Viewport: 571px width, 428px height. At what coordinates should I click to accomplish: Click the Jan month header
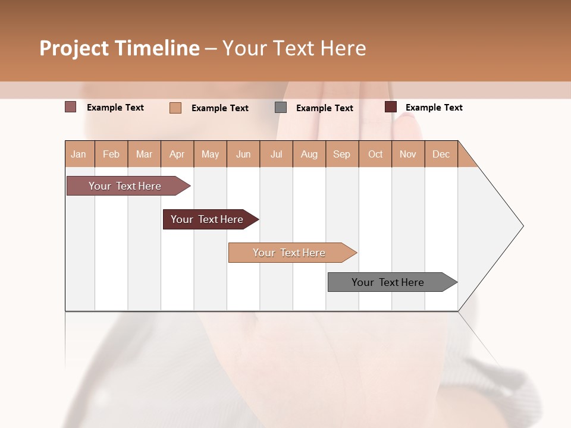(79, 154)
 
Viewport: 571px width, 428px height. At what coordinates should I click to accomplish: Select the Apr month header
(177, 154)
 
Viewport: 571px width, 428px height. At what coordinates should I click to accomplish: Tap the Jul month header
(276, 154)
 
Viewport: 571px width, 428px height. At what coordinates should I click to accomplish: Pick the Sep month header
(341, 154)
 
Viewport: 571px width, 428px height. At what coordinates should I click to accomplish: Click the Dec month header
(441, 154)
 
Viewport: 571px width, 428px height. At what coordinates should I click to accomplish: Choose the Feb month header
(111, 154)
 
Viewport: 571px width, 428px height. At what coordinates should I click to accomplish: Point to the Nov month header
(407, 154)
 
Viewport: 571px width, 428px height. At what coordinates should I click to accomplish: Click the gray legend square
(281, 108)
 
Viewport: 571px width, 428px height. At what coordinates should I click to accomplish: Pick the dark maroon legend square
(391, 107)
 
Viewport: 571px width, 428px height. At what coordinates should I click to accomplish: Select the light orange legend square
(175, 108)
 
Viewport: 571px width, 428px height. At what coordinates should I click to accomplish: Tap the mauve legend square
(71, 107)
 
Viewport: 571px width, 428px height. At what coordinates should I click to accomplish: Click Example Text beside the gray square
(324, 108)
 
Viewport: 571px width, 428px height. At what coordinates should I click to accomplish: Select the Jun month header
(243, 154)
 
